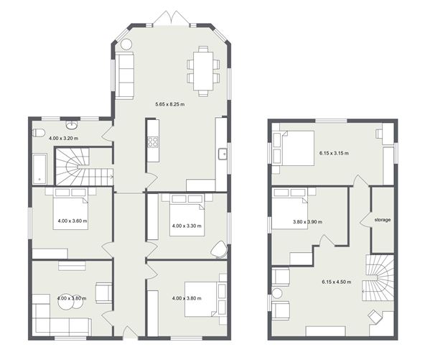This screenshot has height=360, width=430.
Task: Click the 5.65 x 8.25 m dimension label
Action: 169,104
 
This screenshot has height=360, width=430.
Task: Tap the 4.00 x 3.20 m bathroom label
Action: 63,138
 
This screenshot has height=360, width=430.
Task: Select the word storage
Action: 383,220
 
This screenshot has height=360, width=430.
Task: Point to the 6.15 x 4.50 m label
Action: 336,282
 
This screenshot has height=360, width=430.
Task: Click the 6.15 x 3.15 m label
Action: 334,153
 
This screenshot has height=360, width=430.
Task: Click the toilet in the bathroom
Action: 39,133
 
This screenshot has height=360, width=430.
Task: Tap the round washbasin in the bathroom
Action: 72,125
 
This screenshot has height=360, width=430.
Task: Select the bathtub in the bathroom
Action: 39,169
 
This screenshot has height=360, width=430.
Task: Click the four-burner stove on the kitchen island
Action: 153,142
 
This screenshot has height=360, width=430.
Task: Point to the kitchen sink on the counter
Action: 223,154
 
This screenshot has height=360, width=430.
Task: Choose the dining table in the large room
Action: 203,71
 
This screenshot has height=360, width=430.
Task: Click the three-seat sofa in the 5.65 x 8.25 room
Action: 124,75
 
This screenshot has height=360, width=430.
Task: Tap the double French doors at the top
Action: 171,18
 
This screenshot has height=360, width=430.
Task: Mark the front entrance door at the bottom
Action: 130,333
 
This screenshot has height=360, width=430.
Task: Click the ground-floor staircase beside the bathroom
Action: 84,167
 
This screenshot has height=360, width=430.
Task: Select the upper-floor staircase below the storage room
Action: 378,277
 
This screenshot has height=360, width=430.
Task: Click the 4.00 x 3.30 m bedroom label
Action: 187,226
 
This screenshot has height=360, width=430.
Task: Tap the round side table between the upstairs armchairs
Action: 276,294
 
